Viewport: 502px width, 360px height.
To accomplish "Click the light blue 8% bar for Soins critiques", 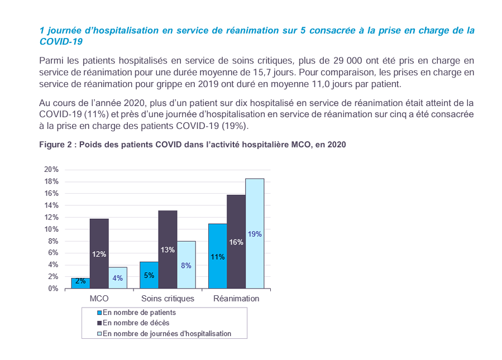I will pyautogui.click(x=187, y=265).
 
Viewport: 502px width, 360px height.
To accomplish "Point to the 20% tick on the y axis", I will pyautogui.click(x=51, y=169).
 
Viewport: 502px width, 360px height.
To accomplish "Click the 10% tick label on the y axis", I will pyautogui.click(x=51, y=229).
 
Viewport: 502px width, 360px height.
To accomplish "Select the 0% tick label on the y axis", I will pyautogui.click(x=53, y=289).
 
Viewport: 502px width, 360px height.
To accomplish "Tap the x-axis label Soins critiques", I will pyautogui.click(x=168, y=299).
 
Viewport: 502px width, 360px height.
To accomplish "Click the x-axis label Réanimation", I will pyautogui.click(x=236, y=299).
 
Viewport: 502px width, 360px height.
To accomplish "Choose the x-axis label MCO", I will pyautogui.click(x=99, y=299).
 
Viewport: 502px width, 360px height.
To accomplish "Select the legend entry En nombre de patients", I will pyautogui.click(x=139, y=313).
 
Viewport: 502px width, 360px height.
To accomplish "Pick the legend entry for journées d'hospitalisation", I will pyautogui.click(x=166, y=333).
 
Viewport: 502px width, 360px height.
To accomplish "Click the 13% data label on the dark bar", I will pyautogui.click(x=168, y=249).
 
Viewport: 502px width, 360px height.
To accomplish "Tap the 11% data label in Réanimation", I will pyautogui.click(x=217, y=257).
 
